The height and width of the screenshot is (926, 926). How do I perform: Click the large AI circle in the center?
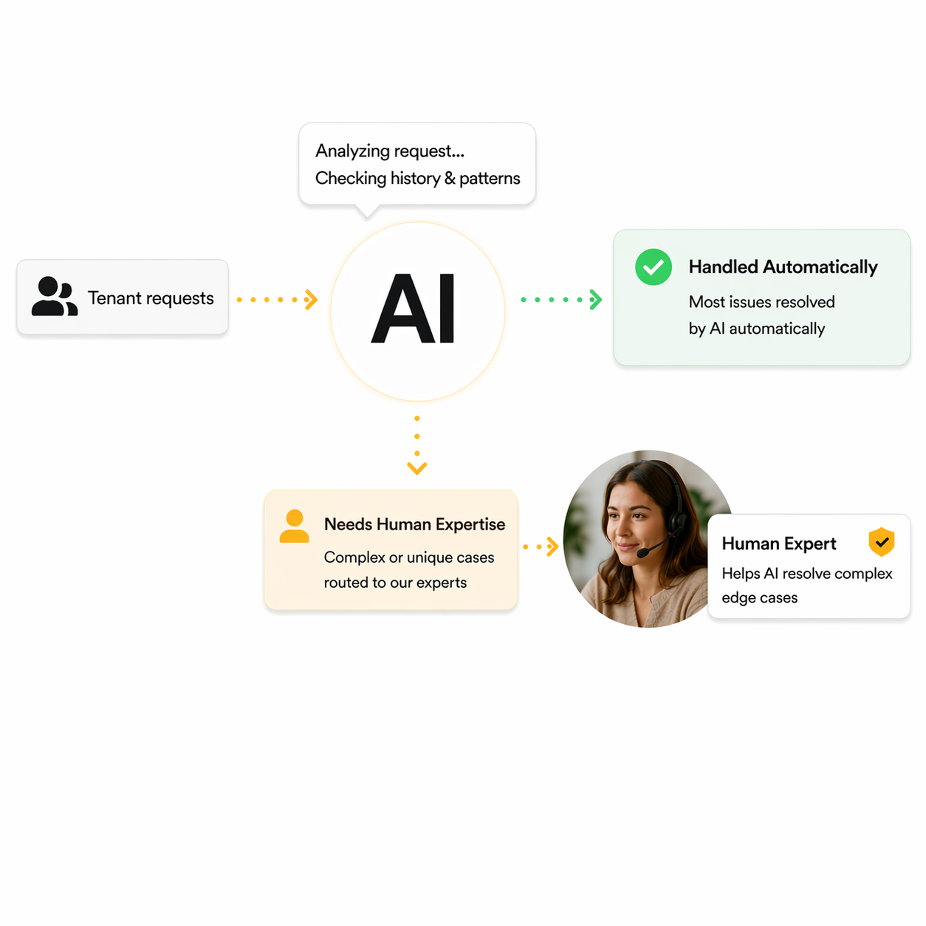click(x=417, y=311)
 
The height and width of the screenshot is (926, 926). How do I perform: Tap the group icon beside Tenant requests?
click(x=54, y=297)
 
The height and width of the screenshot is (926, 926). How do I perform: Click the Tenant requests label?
click(x=151, y=298)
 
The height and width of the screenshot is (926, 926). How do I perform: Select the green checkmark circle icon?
click(x=654, y=267)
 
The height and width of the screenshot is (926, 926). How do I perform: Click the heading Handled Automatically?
click(x=783, y=267)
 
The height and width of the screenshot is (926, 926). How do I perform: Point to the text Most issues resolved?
click(x=761, y=302)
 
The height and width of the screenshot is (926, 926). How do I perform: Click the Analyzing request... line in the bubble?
click(x=390, y=151)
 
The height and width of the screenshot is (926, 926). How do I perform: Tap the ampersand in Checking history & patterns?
click(x=450, y=179)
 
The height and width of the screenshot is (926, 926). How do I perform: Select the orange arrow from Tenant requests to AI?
click(x=278, y=299)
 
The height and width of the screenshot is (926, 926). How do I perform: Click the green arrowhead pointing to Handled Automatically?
click(x=596, y=299)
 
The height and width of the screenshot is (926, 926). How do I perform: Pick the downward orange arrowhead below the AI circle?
click(x=417, y=468)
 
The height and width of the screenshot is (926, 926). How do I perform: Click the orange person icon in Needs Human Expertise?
click(x=294, y=527)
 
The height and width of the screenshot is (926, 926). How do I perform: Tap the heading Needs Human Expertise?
click(x=414, y=524)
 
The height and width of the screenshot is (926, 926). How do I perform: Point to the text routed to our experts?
click(x=395, y=583)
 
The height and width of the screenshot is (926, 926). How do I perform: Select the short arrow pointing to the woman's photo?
click(x=541, y=547)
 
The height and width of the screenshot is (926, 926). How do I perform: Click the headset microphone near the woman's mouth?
click(x=644, y=552)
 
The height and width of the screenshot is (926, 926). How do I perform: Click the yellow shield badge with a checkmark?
click(x=881, y=542)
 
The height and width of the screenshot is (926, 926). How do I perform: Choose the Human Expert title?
click(x=779, y=544)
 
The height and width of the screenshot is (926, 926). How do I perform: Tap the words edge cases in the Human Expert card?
click(x=759, y=597)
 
